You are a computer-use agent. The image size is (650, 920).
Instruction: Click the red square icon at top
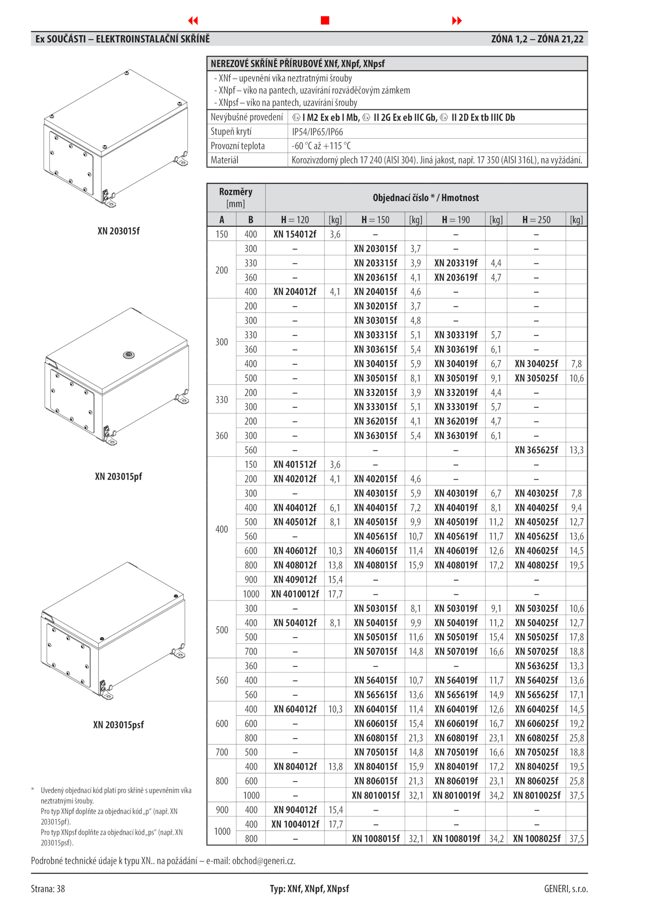pos(325,20)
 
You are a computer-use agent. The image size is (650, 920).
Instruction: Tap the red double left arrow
pos(193,21)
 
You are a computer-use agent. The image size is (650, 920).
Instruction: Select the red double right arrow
pos(457,21)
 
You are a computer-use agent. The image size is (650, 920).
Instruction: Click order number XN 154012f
pos(295,234)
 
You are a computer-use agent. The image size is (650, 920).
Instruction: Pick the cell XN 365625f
pos(536,450)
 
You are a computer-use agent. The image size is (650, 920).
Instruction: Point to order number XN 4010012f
pos(295,594)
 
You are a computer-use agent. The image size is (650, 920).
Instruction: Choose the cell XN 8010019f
pos(456,795)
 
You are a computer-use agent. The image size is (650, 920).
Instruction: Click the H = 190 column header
pos(456,220)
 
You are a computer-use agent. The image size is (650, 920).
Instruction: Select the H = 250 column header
pos(536,220)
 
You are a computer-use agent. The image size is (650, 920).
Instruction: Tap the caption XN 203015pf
pos(119,476)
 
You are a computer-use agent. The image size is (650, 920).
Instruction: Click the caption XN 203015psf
pos(119,725)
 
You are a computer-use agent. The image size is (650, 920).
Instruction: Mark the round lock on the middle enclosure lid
pos(128,355)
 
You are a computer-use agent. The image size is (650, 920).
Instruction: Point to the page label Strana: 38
pos(48,889)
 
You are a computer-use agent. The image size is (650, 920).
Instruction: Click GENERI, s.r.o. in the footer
pos(566,889)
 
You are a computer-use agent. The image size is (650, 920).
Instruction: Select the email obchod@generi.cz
pos(264,861)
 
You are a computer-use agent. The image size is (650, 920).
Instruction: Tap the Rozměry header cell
pos(236,198)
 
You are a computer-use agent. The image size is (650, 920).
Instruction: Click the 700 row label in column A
pos(222,752)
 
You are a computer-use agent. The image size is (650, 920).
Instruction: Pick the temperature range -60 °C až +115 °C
pos(321,146)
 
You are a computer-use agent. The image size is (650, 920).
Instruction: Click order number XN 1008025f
pos(536,838)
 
